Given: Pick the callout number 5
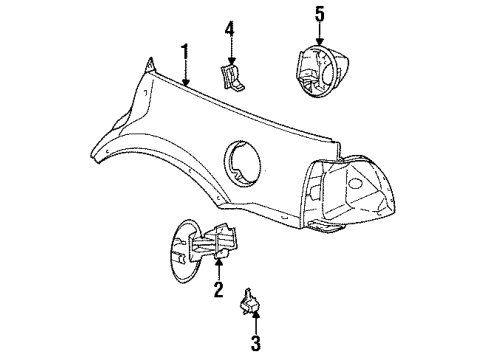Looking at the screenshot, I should tap(321, 13).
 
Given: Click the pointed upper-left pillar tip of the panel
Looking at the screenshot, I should tap(149, 67).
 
